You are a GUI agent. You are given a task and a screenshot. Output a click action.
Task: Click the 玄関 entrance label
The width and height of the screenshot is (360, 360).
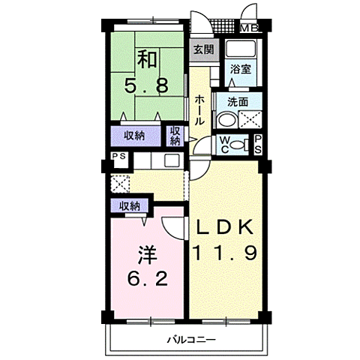click(x=204, y=50)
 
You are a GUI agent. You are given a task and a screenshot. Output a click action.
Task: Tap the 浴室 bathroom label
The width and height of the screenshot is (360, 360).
click(x=241, y=69)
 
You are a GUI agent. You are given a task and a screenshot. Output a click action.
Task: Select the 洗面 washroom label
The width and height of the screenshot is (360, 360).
click(x=238, y=102)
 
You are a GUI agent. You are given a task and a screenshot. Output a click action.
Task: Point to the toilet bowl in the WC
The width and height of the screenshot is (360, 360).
click(x=237, y=145)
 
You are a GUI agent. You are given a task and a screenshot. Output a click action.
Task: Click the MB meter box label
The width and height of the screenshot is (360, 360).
click(x=249, y=28)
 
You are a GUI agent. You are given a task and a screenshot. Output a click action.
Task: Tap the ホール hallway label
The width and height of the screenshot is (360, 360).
click(x=199, y=110)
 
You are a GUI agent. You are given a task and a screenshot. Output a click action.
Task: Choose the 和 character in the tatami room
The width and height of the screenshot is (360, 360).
click(x=147, y=59)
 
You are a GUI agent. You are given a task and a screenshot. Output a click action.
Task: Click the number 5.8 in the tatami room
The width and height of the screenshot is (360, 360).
click(x=146, y=85)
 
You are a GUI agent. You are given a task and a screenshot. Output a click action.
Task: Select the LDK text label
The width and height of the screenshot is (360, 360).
click(x=224, y=227)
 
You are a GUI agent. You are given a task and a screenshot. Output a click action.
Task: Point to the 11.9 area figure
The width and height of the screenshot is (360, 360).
click(x=224, y=253)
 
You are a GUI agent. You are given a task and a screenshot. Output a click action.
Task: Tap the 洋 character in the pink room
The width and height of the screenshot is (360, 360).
click(x=148, y=255)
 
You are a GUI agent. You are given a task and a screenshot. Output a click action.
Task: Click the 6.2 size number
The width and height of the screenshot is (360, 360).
click(x=148, y=279)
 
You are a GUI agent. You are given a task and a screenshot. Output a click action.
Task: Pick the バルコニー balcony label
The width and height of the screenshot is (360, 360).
click(x=191, y=340)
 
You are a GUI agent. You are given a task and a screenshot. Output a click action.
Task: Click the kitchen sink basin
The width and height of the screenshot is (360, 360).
click(x=172, y=160)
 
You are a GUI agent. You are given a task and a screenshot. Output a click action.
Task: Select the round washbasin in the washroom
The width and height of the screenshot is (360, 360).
click(x=226, y=121)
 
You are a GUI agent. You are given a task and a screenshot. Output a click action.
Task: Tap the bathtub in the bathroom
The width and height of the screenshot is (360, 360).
click(x=241, y=49)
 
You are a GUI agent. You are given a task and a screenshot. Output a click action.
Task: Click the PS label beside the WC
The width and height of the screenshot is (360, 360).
click(x=258, y=145)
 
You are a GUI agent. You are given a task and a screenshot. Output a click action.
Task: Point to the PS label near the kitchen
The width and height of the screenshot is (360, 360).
click(x=119, y=156)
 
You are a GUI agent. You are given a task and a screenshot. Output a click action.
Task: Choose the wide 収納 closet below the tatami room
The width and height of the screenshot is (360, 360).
click(x=135, y=136)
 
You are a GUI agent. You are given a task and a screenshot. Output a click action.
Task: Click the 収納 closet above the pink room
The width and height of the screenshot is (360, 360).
click(x=130, y=206)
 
